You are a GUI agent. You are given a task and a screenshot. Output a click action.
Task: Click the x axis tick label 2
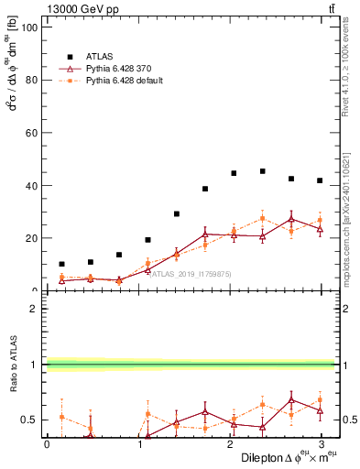[228, 443]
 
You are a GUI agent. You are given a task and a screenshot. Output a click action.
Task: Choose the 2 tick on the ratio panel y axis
[33, 309]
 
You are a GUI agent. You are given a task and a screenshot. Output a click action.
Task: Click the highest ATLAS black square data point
[262, 171]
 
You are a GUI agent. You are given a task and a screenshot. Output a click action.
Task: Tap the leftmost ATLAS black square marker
[61, 264]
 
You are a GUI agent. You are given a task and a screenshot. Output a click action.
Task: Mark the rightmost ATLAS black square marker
[320, 180]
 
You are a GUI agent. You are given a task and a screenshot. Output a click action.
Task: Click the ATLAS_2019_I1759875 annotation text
[184, 273]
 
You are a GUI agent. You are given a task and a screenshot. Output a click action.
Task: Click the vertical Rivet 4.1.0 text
[344, 69]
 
